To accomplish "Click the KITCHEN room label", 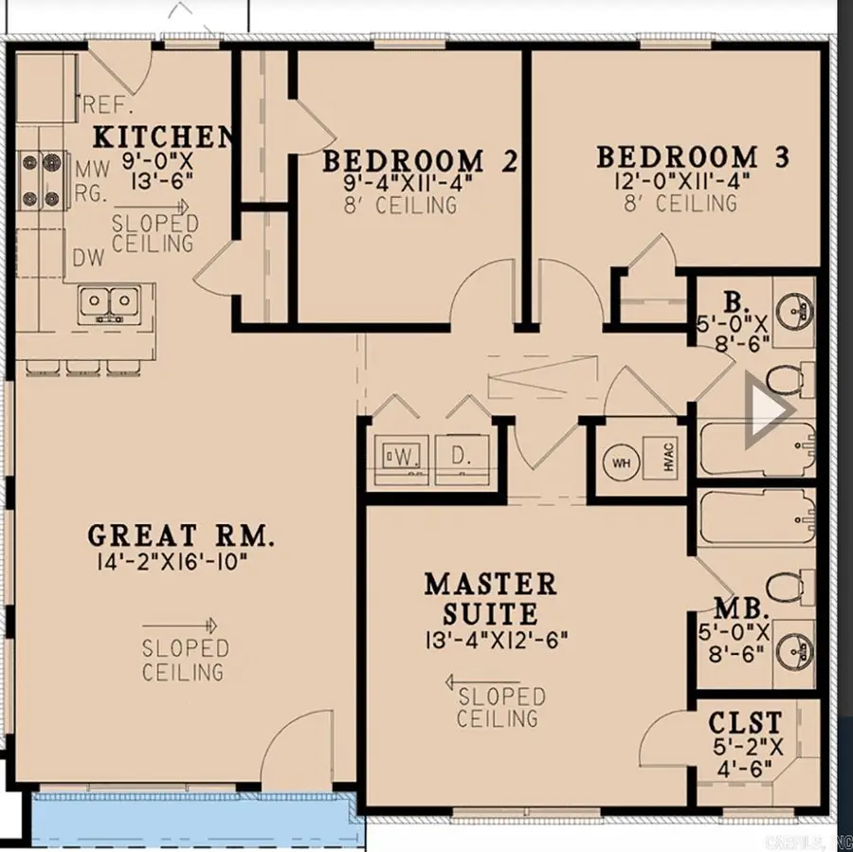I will pyautogui.click(x=162, y=136).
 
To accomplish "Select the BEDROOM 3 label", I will pyautogui.click(x=691, y=156).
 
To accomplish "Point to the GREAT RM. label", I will pyautogui.click(x=181, y=536).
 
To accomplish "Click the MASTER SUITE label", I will pyautogui.click(x=490, y=597).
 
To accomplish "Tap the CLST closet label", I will pyautogui.click(x=746, y=723).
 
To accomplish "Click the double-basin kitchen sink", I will pyautogui.click(x=108, y=303).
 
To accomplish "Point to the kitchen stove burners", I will pyautogui.click(x=41, y=180).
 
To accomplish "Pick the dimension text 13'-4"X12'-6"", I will pyautogui.click(x=496, y=640).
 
